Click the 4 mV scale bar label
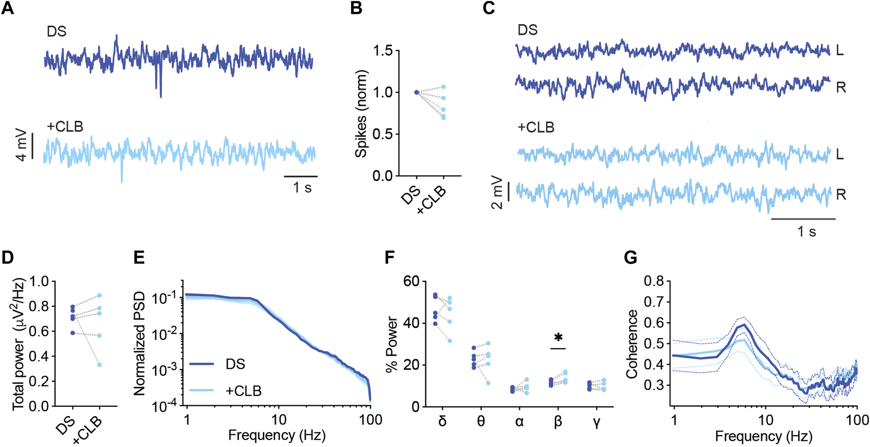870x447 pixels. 21,145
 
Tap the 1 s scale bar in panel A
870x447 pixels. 301,176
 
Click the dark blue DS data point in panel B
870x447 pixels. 416,92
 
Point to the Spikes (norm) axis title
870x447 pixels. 361,114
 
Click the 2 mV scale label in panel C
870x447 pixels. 497,192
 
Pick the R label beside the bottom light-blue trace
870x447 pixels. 841,195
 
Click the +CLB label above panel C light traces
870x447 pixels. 536,128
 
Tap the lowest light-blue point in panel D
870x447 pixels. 100,364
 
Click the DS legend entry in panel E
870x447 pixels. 236,364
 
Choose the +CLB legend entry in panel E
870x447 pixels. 243,391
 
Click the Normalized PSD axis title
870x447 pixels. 140,343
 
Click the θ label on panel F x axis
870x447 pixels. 481,421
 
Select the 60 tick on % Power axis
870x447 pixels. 411,281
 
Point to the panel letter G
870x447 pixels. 630,257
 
